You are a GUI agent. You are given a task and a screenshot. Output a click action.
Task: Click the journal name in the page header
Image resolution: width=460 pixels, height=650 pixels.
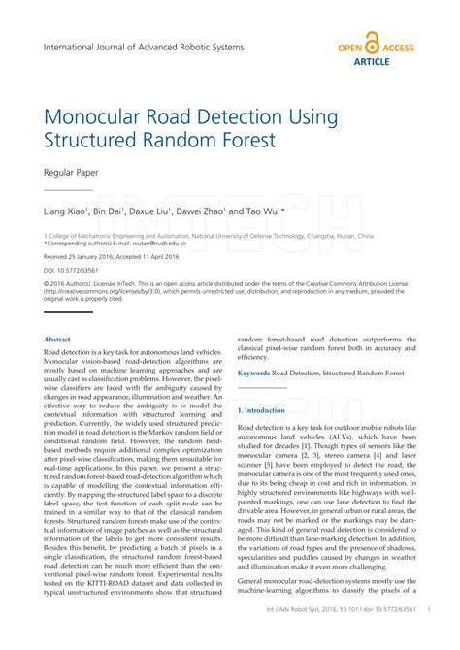144,47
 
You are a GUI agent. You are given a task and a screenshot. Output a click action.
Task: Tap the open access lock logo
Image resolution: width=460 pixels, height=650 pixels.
375,46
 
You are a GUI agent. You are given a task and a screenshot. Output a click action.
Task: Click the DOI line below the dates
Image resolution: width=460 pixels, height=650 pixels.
77,271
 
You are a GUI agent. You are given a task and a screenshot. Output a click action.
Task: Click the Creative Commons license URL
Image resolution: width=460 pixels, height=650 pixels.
116,292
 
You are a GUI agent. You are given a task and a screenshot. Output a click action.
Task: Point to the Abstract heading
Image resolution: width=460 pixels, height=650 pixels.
58,339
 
